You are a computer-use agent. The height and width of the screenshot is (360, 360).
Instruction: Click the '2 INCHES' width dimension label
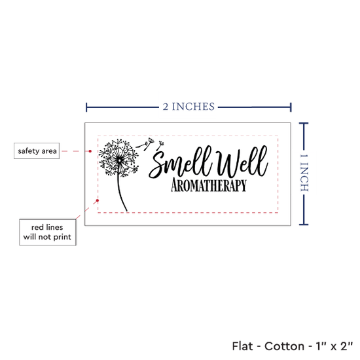click(189, 107)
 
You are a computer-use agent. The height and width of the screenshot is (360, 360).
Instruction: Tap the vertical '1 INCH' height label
click(304, 173)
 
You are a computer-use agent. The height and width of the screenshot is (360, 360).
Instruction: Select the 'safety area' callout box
click(37, 151)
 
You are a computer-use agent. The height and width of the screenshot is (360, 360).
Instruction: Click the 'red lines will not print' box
click(48, 232)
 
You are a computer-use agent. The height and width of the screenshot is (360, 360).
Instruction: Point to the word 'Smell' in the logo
click(180, 162)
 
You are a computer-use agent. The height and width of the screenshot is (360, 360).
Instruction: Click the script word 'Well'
click(242, 161)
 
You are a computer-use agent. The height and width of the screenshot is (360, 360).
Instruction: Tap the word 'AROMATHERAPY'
click(209, 185)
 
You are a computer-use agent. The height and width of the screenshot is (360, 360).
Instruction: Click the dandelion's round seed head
click(118, 158)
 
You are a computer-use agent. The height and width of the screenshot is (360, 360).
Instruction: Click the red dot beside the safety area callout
click(90, 151)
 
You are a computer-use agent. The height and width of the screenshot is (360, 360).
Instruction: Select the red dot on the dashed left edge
click(98, 201)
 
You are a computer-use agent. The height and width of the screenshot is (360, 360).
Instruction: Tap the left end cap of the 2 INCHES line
click(86, 107)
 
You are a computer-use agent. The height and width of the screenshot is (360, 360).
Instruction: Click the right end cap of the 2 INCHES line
click(291, 107)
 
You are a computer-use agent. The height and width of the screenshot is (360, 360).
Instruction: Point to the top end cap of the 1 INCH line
click(304, 124)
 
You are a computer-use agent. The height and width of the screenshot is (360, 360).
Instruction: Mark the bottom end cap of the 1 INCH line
click(304, 225)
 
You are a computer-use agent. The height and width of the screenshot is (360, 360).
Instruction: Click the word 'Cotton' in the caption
click(284, 346)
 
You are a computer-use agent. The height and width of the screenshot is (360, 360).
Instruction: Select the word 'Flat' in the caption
click(242, 346)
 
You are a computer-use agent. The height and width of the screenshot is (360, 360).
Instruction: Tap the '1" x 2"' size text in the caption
click(334, 346)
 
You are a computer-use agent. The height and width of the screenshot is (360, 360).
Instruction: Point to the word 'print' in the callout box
click(62, 237)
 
